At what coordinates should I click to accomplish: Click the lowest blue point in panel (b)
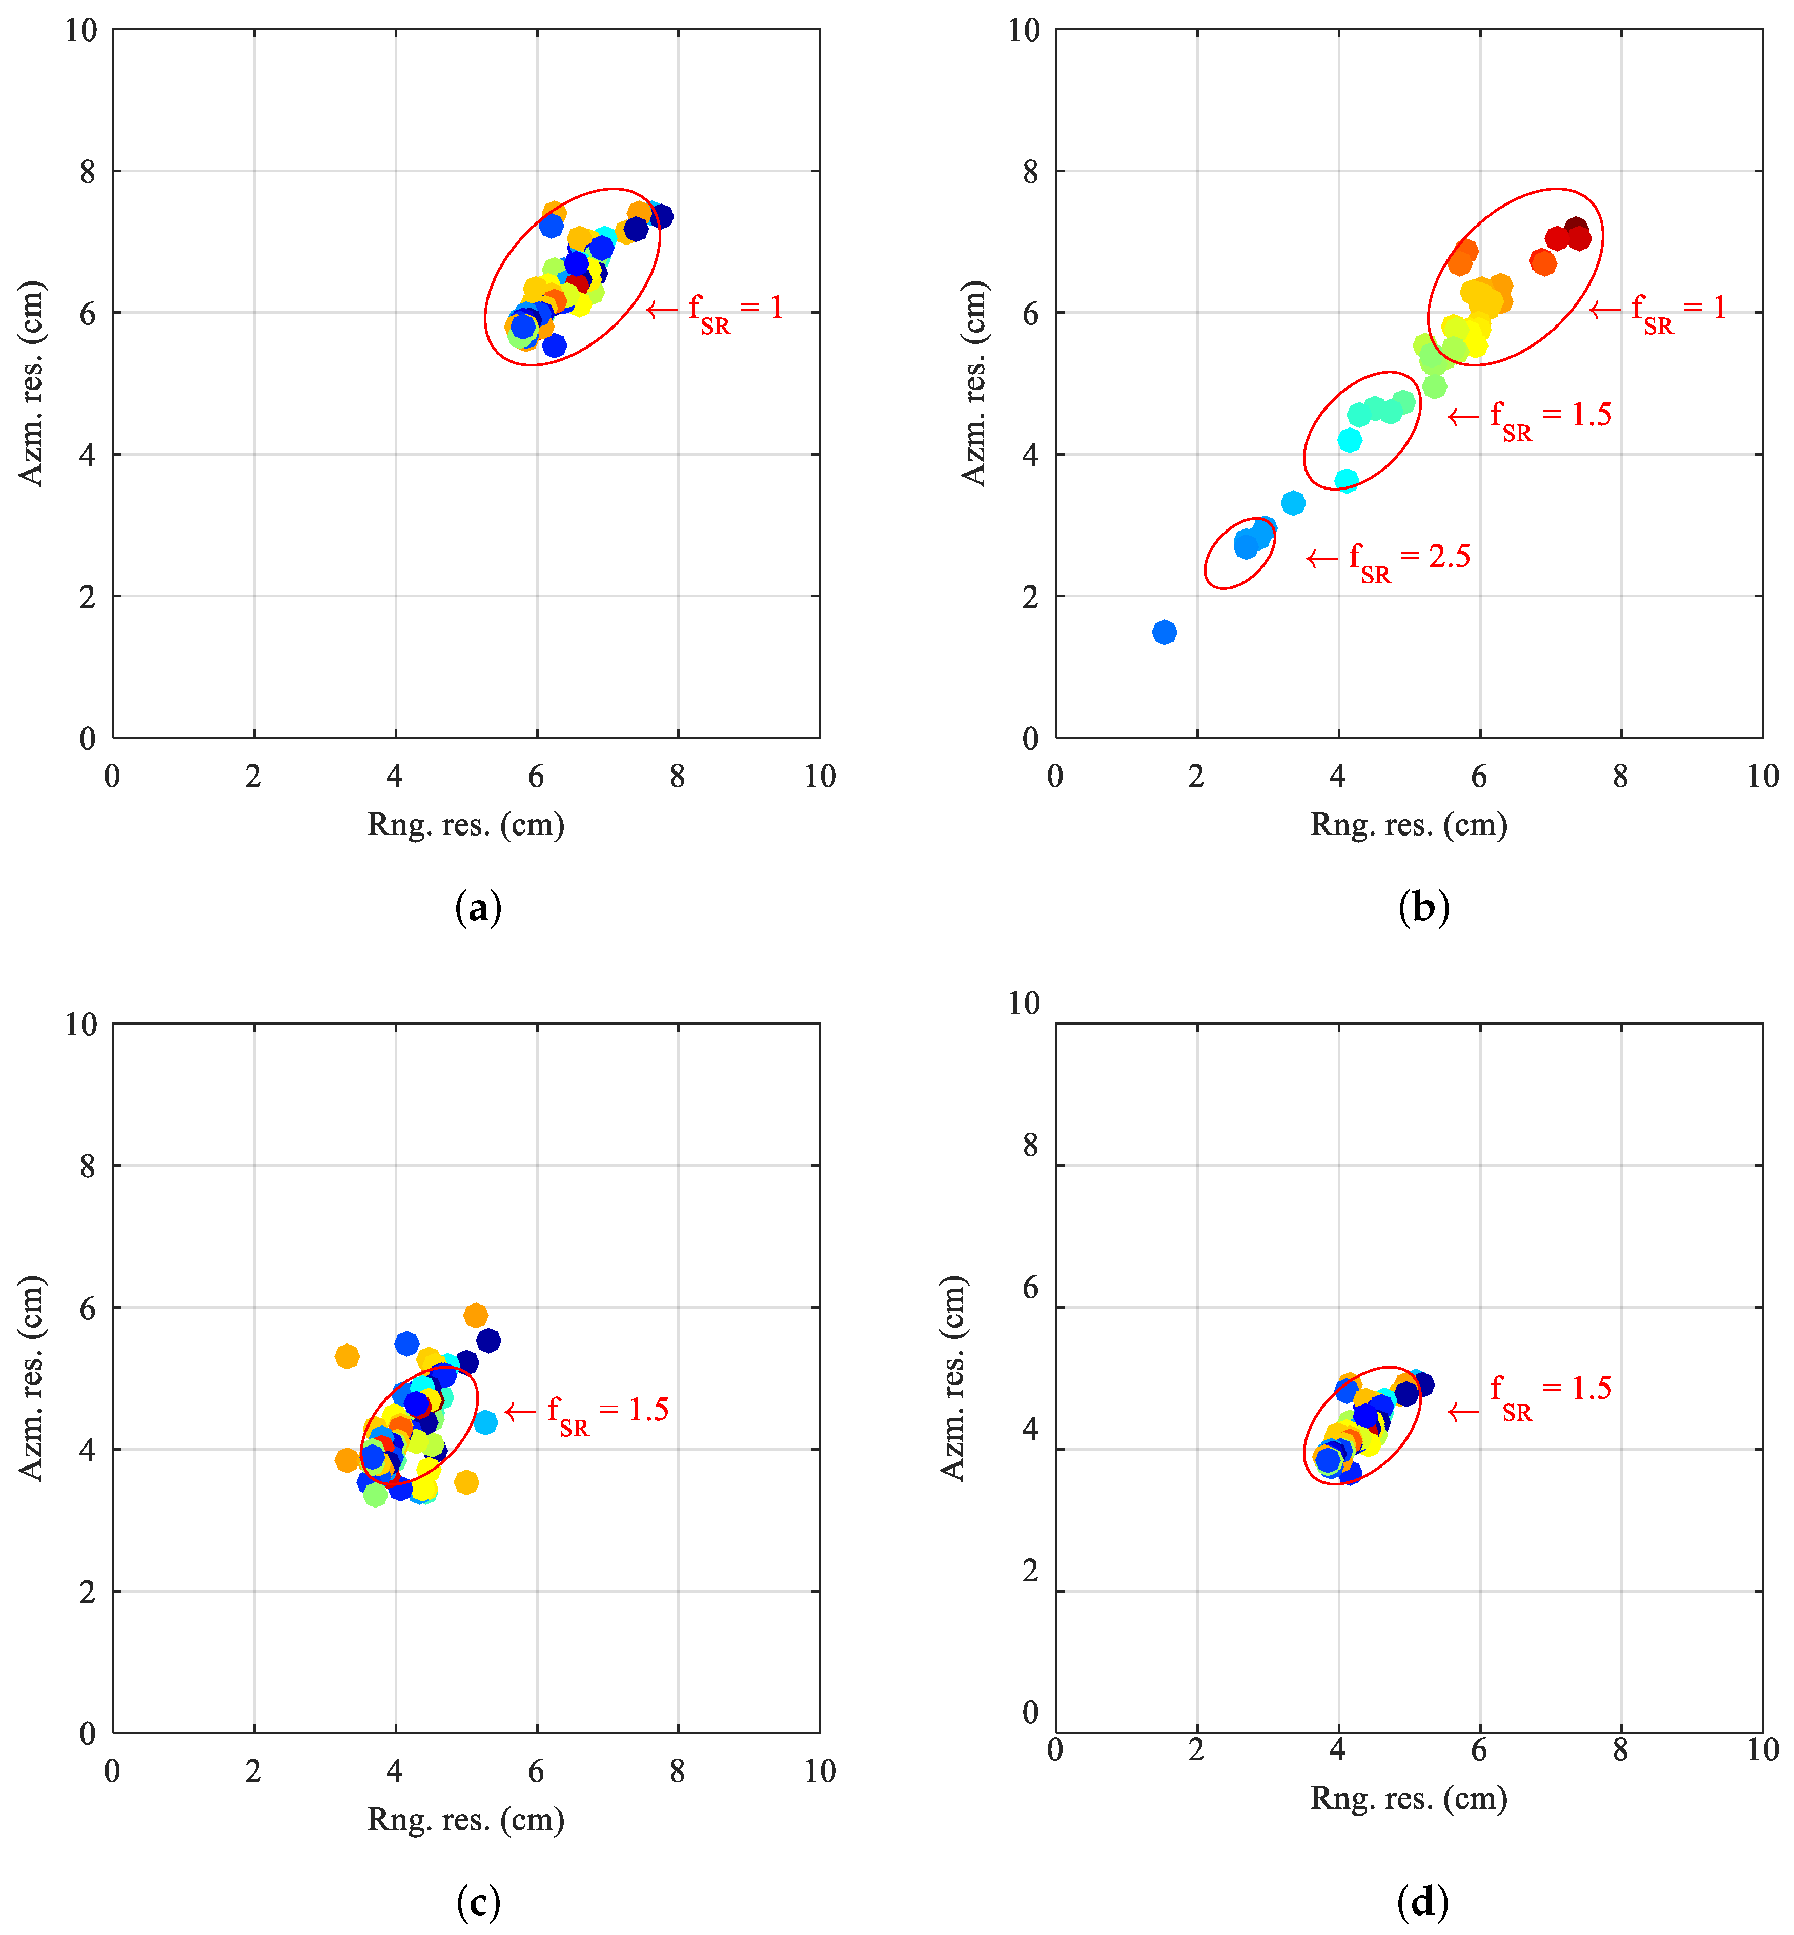(x=1164, y=632)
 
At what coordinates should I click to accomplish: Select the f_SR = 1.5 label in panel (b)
(x=1551, y=417)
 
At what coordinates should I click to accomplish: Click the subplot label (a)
(x=478, y=908)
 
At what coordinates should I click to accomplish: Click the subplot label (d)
(x=1422, y=1902)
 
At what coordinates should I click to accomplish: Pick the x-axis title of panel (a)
(x=466, y=824)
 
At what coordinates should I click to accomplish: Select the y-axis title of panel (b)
(x=974, y=383)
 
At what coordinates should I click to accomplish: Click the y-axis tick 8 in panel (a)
(x=87, y=172)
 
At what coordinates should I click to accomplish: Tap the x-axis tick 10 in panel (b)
(x=1762, y=776)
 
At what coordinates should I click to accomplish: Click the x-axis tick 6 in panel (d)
(x=1478, y=1750)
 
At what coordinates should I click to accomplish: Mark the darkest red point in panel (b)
(x=1576, y=229)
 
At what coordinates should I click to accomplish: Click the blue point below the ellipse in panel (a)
(x=554, y=345)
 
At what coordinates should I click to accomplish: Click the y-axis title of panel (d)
(x=953, y=1379)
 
